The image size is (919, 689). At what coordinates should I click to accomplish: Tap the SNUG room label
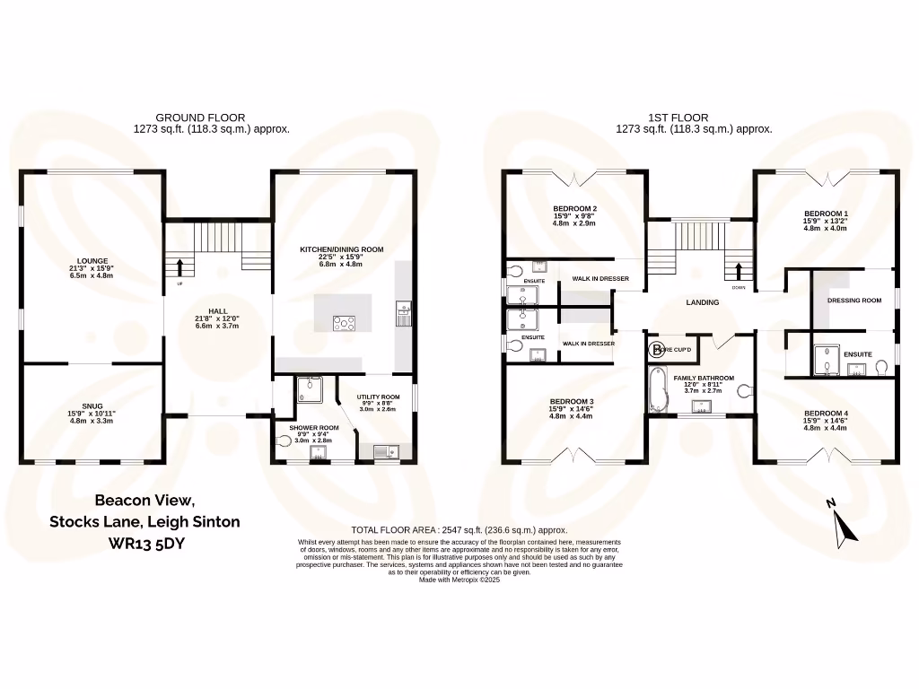point(92,406)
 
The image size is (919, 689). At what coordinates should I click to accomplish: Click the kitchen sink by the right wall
point(402,313)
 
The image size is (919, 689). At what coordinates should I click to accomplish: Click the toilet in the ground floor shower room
point(286,440)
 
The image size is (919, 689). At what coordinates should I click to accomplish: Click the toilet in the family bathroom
point(743,390)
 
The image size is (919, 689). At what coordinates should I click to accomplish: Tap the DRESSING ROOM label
point(853,301)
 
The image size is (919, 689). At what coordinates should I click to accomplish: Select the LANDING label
point(702,302)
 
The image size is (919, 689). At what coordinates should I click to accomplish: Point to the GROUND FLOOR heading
point(200,118)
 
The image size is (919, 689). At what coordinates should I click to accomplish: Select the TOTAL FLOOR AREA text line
point(459,530)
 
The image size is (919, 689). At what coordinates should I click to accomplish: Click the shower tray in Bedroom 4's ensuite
point(824,360)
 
